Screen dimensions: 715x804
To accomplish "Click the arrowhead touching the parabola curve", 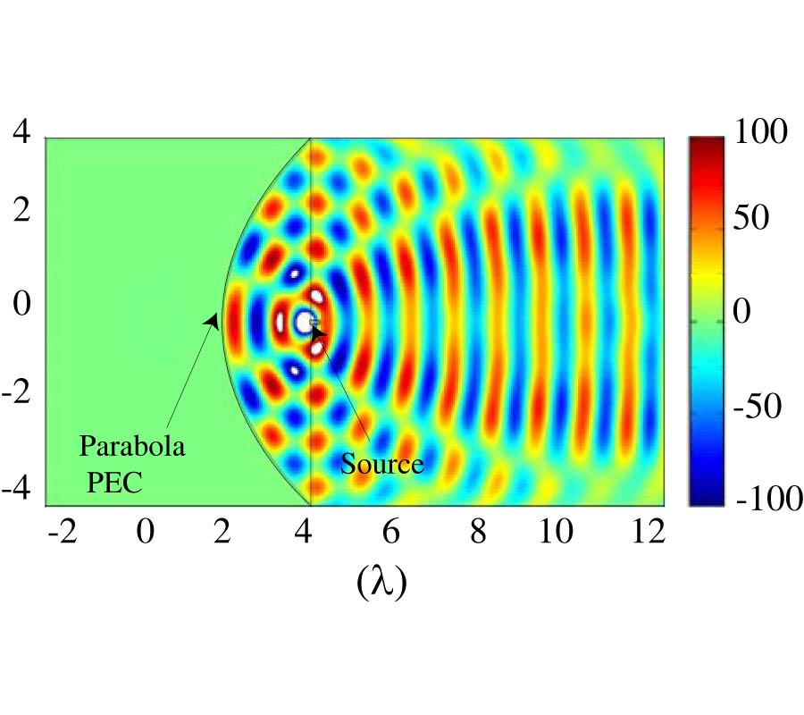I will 212,320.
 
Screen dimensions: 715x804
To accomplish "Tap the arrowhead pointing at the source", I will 318,332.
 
